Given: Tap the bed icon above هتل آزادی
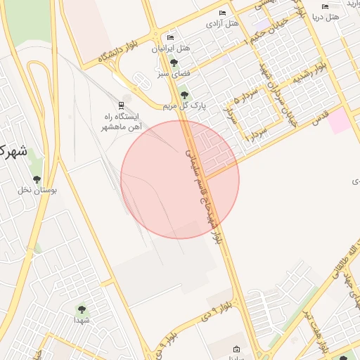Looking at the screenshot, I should click(222, 13).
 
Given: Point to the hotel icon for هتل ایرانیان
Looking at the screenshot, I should click(170, 38).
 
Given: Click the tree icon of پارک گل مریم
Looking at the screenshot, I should click(184, 95).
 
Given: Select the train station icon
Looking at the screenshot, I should click(120, 105).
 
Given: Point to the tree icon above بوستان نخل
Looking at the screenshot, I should click(37, 179).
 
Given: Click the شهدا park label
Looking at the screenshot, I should click(82, 320).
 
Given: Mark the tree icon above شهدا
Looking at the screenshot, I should click(82, 309).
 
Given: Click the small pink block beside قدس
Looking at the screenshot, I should click(340, 121).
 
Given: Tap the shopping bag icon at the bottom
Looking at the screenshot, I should click(236, 349).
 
